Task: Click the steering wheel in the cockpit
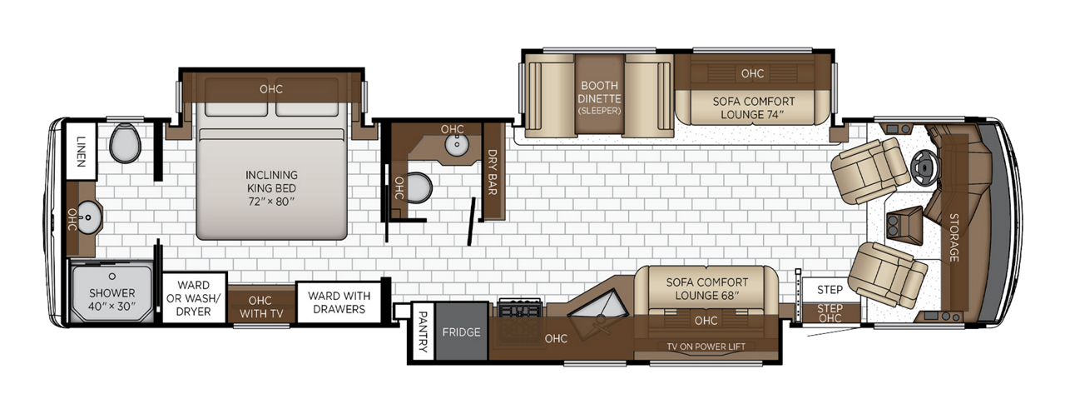[x=924, y=167]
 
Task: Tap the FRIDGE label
[x=461, y=332]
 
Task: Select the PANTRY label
[x=423, y=332]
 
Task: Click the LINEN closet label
[x=81, y=152]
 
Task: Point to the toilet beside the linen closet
[x=125, y=142]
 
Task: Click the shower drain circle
[x=112, y=276]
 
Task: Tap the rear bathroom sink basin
[x=89, y=217]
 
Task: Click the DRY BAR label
[x=492, y=172]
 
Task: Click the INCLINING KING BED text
[x=271, y=188]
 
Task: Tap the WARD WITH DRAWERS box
[x=339, y=302]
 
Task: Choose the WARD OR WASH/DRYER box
[x=194, y=298]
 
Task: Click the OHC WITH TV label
[x=261, y=307]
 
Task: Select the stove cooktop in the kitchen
[x=520, y=308]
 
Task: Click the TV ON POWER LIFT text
[x=706, y=347]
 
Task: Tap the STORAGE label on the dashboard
[x=954, y=237]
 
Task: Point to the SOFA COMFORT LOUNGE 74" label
[x=753, y=108]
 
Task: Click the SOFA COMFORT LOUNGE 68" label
[x=707, y=289]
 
